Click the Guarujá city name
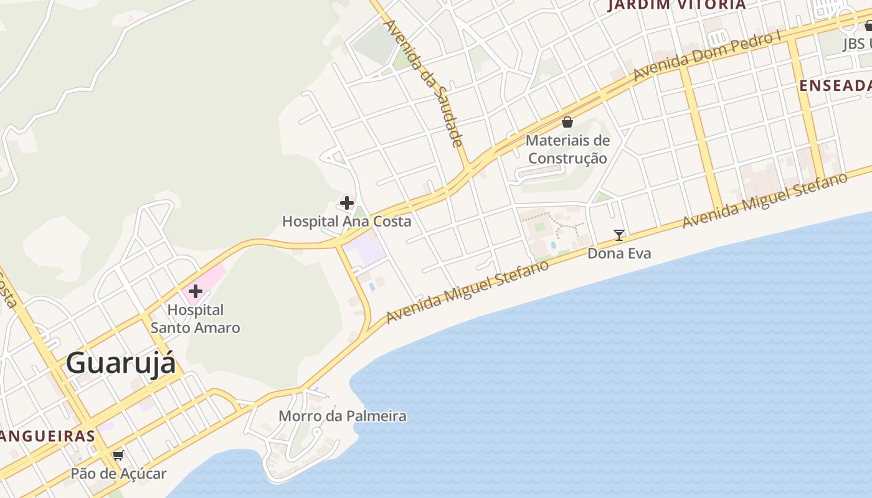121,363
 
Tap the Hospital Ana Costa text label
346,221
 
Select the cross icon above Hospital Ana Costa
347,203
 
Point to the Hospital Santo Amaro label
195,319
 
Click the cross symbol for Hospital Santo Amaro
196,291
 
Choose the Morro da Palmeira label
342,416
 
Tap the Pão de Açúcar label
118,474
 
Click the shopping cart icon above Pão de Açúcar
118,455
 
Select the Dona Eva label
619,253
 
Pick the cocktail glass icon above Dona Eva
619,235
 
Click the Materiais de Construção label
567,149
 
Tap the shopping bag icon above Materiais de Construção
567,122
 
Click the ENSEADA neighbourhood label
835,86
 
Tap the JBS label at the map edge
857,44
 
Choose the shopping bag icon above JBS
868,26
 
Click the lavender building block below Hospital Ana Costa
364,250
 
